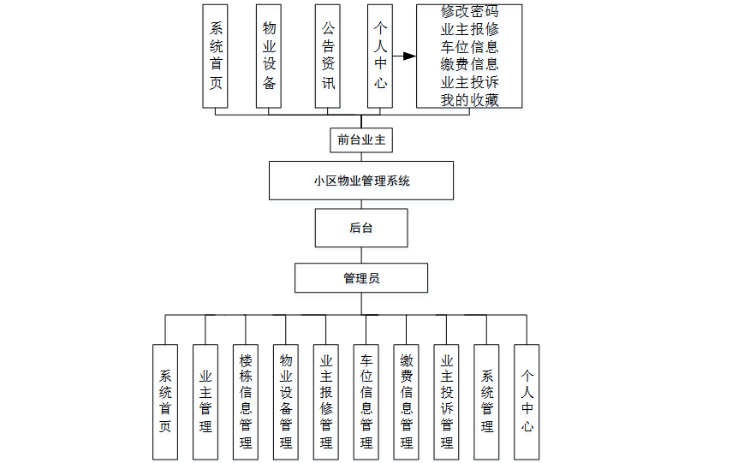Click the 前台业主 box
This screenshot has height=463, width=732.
click(361, 139)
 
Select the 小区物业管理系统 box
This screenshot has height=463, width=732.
click(361, 181)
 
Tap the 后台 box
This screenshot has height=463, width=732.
click(361, 228)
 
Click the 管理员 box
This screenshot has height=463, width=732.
click(361, 277)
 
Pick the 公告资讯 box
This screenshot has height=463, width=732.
click(328, 56)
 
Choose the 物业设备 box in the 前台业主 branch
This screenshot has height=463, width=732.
click(269, 56)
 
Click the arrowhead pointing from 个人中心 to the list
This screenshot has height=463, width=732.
click(409, 56)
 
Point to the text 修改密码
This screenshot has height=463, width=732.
click(469, 12)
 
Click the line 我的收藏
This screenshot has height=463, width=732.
click(469, 100)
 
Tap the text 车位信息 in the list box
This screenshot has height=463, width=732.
click(469, 46)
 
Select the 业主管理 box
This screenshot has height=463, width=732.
click(205, 401)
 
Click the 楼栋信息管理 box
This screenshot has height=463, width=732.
click(246, 401)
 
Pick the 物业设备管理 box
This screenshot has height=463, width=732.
click(286, 401)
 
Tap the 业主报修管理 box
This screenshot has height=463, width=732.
click(326, 401)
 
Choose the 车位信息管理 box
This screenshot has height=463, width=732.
click(366, 401)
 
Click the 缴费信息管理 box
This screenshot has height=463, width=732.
click(407, 401)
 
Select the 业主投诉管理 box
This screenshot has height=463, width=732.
click(447, 401)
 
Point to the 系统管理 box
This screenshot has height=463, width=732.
click(487, 401)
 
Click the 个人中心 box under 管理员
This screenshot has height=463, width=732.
click(527, 401)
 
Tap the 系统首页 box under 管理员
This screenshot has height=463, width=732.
click(165, 401)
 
